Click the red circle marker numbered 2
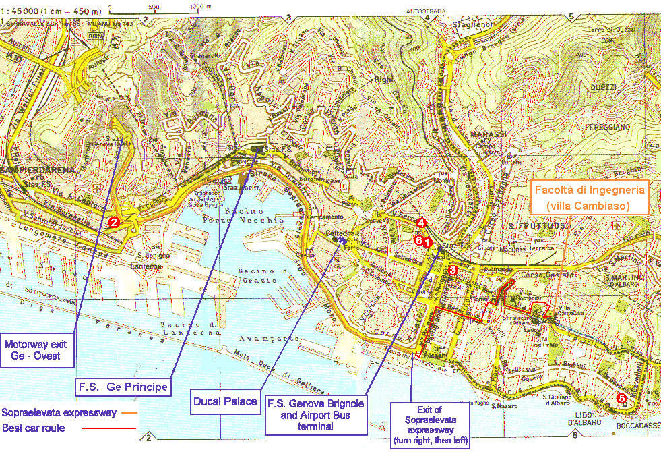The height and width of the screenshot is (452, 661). [114, 221]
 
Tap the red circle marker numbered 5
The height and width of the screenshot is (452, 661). [621, 399]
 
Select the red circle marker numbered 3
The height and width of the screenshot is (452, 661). [453, 270]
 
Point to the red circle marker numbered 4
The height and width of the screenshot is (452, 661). [421, 223]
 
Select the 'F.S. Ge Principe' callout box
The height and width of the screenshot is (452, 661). [121, 387]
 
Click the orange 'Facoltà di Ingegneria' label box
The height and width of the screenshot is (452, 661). [590, 197]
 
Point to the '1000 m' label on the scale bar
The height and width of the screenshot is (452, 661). [196, 6]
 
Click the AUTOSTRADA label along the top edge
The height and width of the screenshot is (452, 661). [426, 11]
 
